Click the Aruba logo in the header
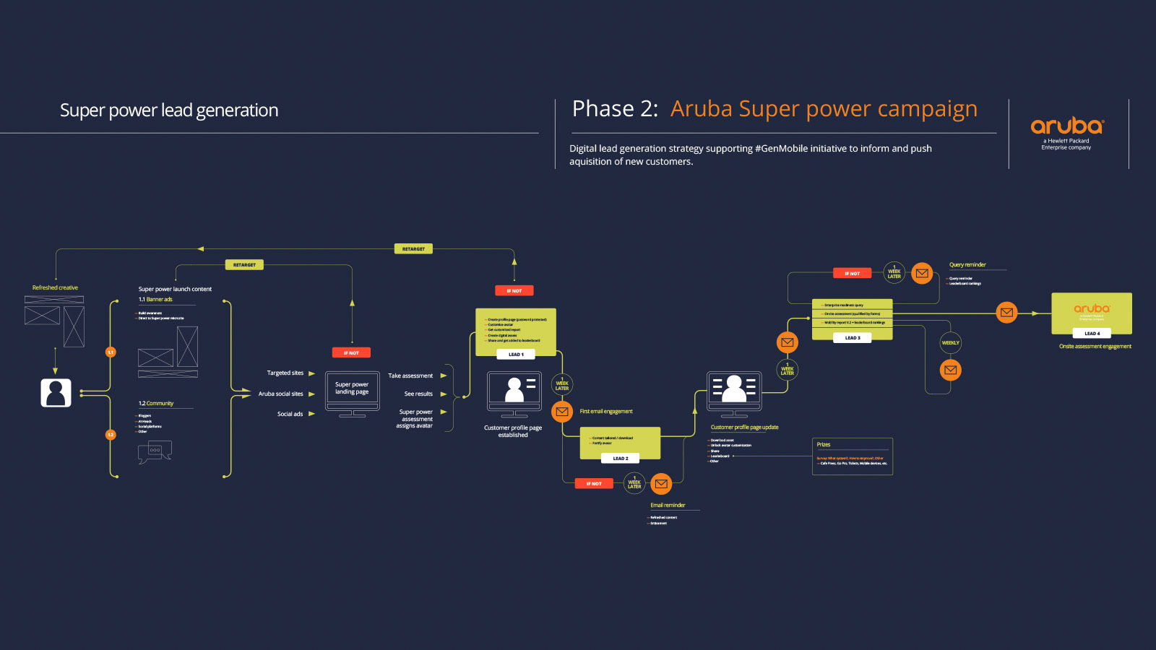[1066, 126]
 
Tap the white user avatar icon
[56, 393]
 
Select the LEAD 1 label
[516, 355]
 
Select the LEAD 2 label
[620, 459]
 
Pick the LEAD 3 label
[853, 338]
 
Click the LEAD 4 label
[1092, 334]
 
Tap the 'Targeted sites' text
[285, 373]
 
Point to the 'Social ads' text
[290, 415]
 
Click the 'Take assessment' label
[410, 376]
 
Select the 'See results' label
[418, 394]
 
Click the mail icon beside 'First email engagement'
[562, 412]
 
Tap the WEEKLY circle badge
[950, 343]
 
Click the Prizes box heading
[824, 445]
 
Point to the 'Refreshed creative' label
[55, 288]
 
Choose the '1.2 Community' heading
[156, 404]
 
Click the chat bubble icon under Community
[155, 451]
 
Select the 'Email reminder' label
[668, 506]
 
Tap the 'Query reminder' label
[967, 265]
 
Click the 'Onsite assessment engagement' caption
[1095, 347]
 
